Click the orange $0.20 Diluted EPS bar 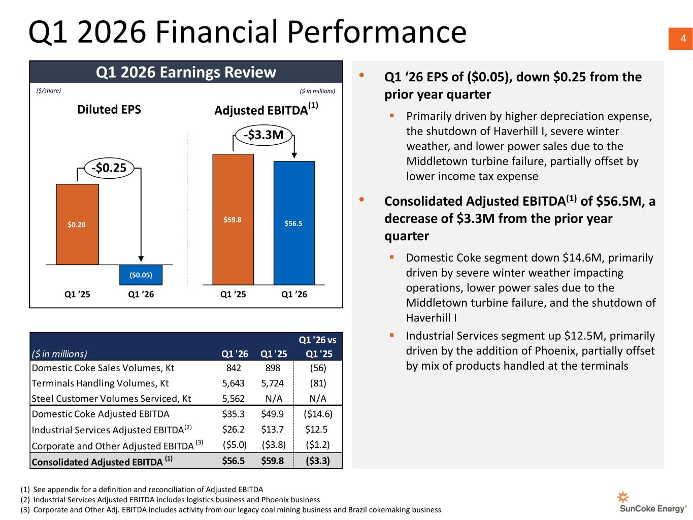coord(77,224)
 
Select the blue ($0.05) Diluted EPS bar coord(141,275)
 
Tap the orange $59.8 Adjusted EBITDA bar coord(233,219)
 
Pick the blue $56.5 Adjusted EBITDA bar coord(293,223)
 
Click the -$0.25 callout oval coord(109,168)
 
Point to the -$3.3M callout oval coord(263,135)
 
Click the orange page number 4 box coord(680,39)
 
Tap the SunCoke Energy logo coord(652,502)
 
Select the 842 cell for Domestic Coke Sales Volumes coord(234,368)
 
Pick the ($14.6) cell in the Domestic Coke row coord(318,413)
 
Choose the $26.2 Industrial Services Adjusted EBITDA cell coord(233,429)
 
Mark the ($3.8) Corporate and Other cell coord(274,444)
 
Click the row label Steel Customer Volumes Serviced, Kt coord(111,399)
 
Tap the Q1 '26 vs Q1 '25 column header coord(318,347)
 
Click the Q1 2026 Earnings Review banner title coord(186,72)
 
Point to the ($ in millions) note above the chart coord(317,91)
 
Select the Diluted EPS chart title coord(109,109)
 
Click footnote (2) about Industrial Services coord(170,500)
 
